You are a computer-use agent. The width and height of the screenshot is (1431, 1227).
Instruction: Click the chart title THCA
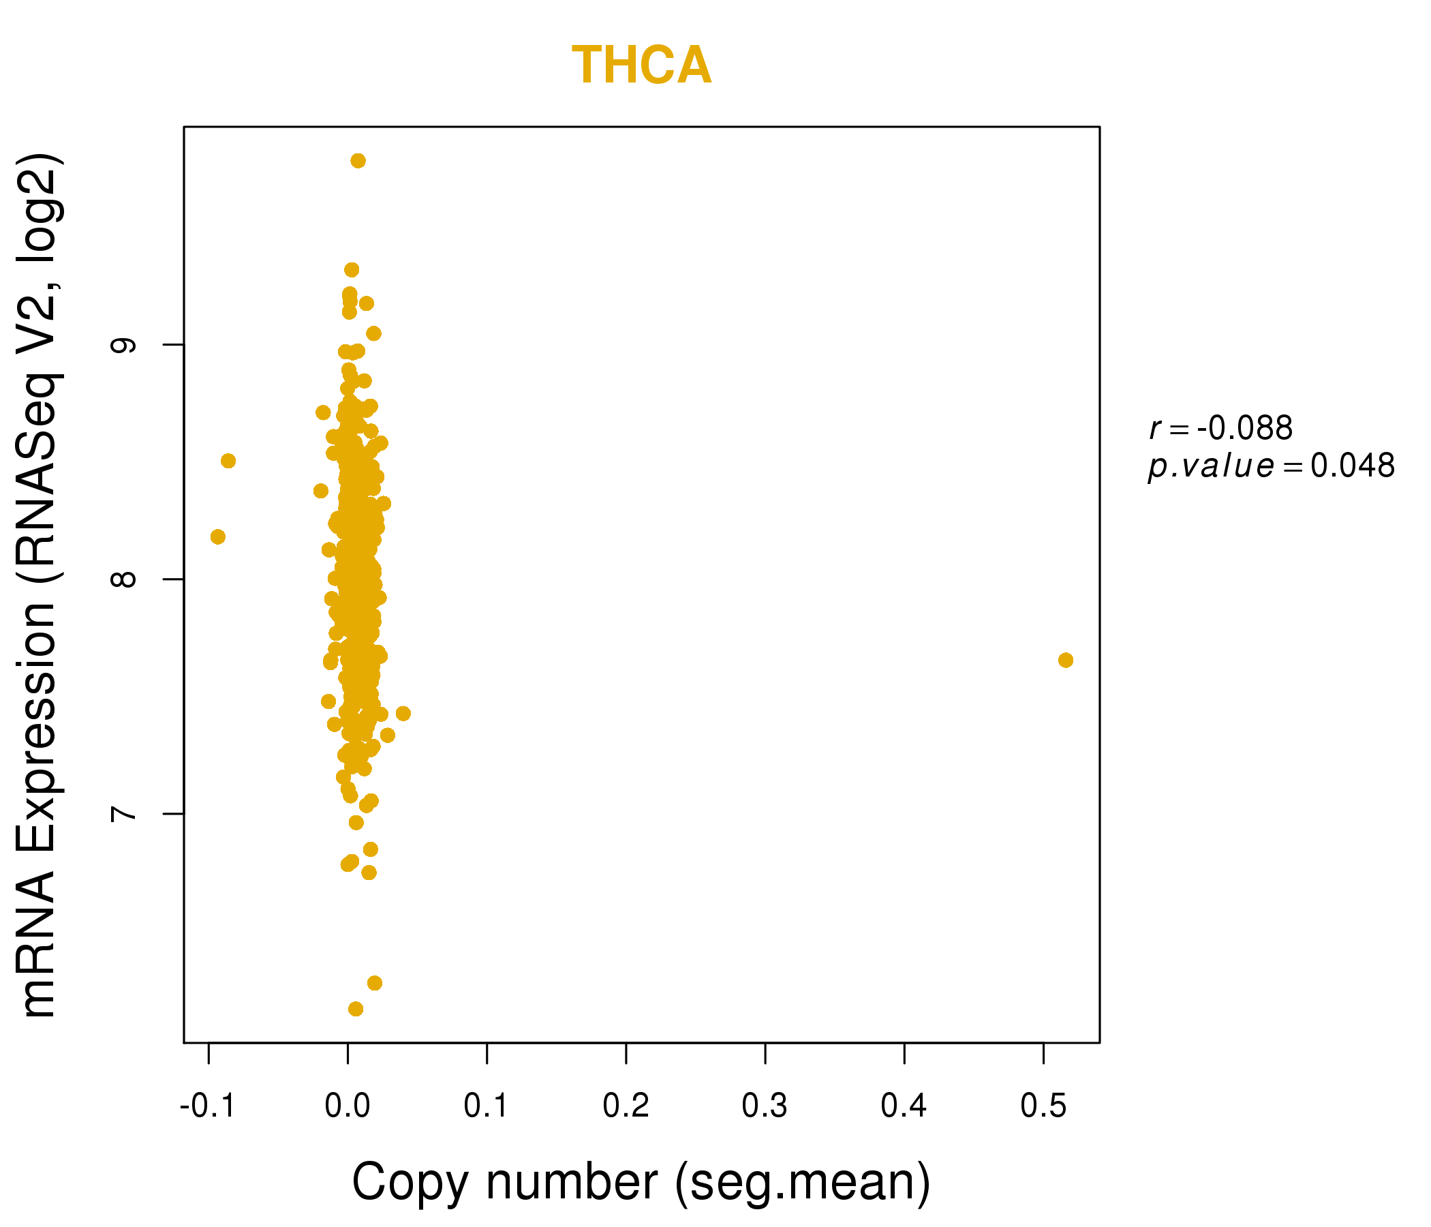(642, 65)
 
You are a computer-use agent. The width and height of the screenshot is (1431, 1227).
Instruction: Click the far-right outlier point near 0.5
(1066, 661)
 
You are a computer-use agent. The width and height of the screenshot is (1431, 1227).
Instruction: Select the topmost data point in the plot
(358, 161)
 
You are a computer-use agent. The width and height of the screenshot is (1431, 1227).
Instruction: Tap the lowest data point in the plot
(356, 1010)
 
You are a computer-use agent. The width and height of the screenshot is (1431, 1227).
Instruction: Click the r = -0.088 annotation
(1221, 428)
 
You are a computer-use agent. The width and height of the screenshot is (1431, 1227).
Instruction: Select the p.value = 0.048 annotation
(1272, 466)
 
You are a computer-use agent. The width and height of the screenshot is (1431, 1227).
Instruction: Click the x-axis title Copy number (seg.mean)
(641, 1182)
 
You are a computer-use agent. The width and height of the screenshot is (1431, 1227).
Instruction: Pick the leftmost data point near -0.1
(217, 537)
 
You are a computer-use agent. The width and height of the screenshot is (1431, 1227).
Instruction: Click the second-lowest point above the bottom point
(374, 983)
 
